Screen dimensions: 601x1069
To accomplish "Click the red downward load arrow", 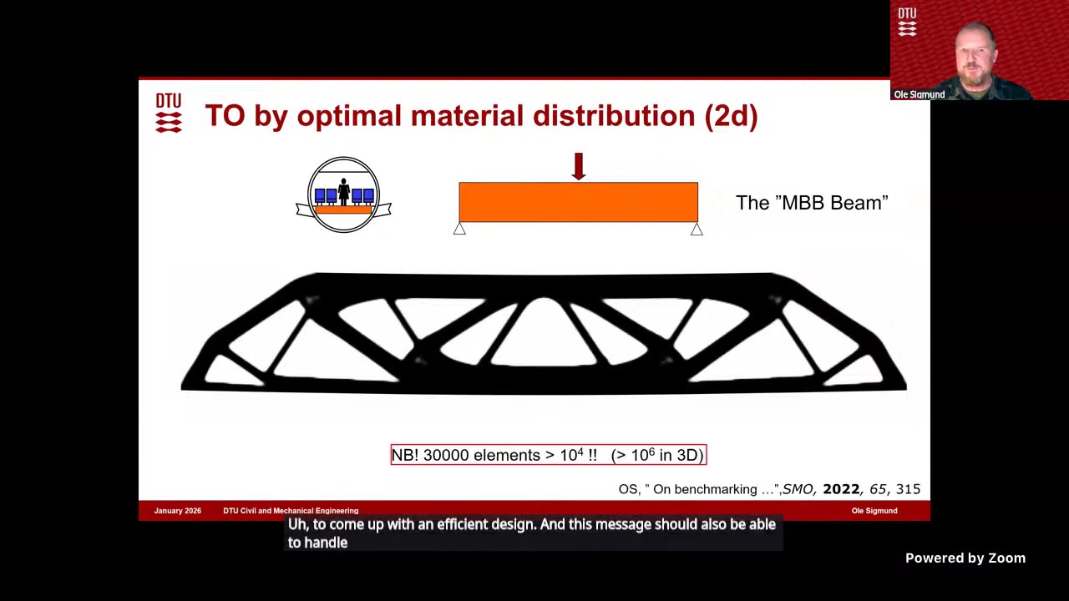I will (578, 166).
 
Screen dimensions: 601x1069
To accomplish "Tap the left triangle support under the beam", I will (459, 229).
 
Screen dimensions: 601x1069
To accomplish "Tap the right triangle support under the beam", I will (697, 229).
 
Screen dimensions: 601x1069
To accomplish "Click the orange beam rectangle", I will (578, 202).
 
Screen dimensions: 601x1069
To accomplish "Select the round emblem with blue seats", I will (343, 194).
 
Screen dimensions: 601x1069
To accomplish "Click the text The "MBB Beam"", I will (812, 203).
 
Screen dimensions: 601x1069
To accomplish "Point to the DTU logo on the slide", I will (168, 113).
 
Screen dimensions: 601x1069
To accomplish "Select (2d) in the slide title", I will (731, 116).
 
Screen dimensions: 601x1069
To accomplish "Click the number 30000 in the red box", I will (447, 455).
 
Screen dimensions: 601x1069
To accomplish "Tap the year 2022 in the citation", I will (841, 489).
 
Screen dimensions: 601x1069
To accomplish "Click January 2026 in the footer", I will (178, 511).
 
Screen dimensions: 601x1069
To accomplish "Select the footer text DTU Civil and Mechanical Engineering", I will (291, 511).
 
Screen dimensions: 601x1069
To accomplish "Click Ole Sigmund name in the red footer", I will (874, 511).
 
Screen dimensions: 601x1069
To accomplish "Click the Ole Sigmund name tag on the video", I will (919, 94).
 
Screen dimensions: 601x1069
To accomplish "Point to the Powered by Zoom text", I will (965, 558).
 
